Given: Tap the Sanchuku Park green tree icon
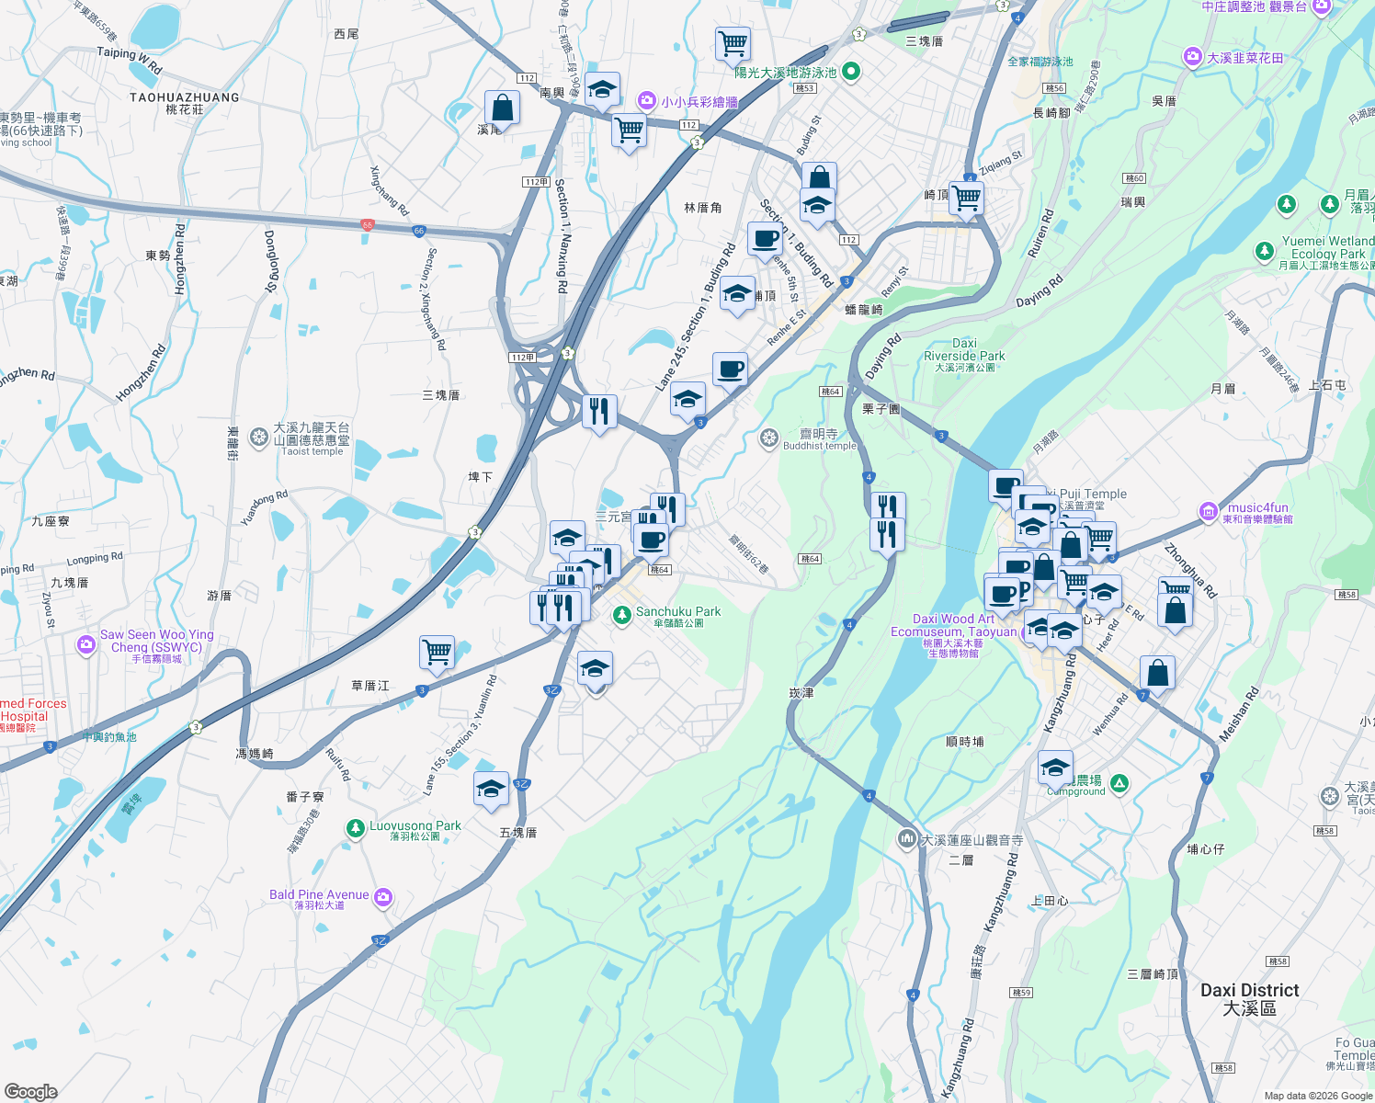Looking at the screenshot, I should click(x=622, y=615).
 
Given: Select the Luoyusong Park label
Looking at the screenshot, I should click(x=415, y=826).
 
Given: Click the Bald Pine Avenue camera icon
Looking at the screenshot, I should click(x=383, y=898).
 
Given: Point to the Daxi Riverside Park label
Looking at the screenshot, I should click(x=964, y=350).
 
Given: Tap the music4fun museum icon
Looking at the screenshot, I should click(x=1209, y=511).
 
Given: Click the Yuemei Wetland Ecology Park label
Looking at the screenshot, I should click(x=1328, y=247).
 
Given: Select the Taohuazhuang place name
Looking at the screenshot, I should click(x=185, y=97).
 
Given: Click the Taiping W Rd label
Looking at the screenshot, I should click(x=130, y=60).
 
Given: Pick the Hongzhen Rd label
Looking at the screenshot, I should click(x=141, y=373).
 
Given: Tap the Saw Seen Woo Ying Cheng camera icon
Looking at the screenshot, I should click(x=86, y=644).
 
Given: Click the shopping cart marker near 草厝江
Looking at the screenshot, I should click(x=437, y=653).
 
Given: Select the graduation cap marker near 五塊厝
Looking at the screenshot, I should click(x=491, y=789).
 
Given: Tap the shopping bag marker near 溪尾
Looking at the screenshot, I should click(x=502, y=108).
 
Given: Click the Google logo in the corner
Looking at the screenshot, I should click(x=30, y=1092).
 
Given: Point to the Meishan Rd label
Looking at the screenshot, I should click(x=1238, y=715).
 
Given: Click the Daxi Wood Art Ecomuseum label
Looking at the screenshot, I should click(x=954, y=625).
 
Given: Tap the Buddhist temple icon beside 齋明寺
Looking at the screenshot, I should click(x=769, y=438).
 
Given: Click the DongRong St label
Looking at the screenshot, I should click(x=270, y=261).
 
